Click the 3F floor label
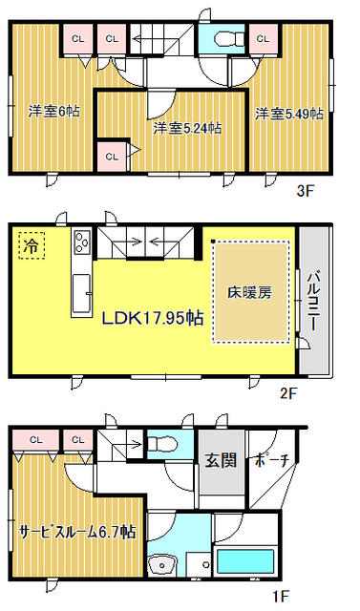[x=305, y=192]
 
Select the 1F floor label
[x=280, y=596]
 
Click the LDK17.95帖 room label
[x=153, y=318]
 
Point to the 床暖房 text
[x=250, y=293]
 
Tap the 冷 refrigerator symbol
[x=32, y=245]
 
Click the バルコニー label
[x=314, y=303]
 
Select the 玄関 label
[x=221, y=460]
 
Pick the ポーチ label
[x=272, y=461]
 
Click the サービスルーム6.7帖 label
[x=77, y=531]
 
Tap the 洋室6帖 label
[x=54, y=112]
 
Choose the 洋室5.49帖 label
[x=289, y=114]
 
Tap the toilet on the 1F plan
[x=163, y=443]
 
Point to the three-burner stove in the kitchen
[x=82, y=242]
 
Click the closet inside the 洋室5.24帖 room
[x=112, y=157]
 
